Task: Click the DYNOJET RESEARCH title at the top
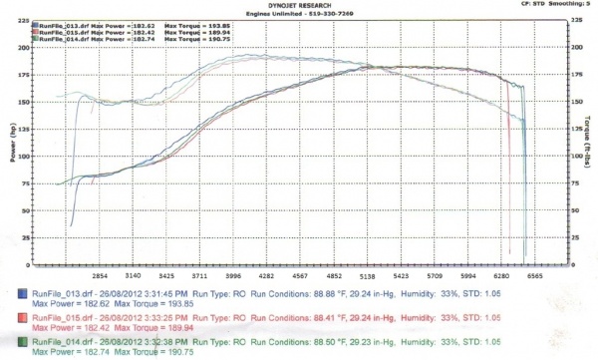tap(300, 5)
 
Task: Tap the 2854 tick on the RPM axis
tap(100, 276)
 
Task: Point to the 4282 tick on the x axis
tap(267, 276)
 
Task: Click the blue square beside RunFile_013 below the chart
tap(24, 294)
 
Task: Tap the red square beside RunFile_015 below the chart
tap(24, 319)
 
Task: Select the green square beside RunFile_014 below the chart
tap(24, 344)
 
